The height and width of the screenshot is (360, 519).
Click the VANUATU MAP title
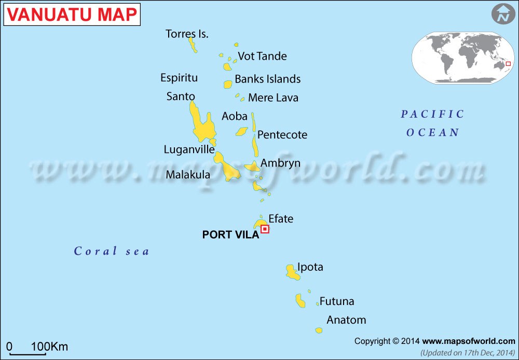(x=72, y=15)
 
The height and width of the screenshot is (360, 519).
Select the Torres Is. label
(x=187, y=34)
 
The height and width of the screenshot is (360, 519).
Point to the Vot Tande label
(x=262, y=56)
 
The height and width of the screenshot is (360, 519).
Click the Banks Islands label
(x=267, y=79)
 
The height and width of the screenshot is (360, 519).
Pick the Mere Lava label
(x=273, y=98)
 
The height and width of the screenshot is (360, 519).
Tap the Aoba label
(x=235, y=116)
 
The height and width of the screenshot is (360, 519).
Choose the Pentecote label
(x=282, y=135)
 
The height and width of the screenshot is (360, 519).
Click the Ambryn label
(x=280, y=163)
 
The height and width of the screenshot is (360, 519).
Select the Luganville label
(x=189, y=149)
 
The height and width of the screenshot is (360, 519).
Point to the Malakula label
(x=188, y=175)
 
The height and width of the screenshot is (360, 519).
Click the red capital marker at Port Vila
(x=265, y=229)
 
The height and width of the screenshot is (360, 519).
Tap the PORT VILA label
(x=230, y=235)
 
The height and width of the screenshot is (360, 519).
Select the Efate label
(x=281, y=219)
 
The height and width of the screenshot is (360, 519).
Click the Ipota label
(x=310, y=267)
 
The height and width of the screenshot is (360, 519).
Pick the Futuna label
(x=337, y=301)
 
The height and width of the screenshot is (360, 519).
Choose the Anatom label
(x=346, y=320)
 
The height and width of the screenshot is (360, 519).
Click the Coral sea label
(x=112, y=252)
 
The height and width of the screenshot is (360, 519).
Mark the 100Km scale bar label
(x=49, y=347)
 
